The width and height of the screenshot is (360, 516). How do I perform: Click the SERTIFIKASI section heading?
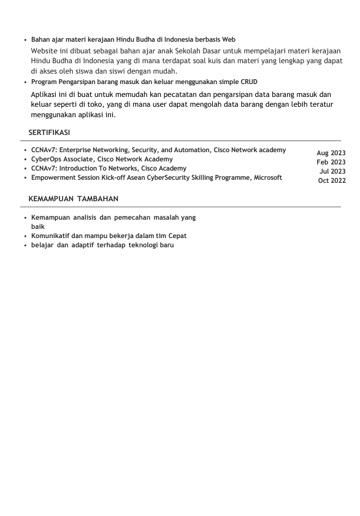coord(49,133)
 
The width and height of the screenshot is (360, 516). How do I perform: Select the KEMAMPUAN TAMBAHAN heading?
coord(74,199)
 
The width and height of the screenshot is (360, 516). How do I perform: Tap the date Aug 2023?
coord(331,153)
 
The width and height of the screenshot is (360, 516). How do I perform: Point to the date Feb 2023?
coord(331,162)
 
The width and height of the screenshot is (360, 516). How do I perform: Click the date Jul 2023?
coord(332,171)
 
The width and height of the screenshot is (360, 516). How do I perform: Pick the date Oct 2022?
coord(332,180)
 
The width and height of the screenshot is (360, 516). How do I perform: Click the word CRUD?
coord(249,82)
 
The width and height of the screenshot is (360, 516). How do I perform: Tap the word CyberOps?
coord(46,159)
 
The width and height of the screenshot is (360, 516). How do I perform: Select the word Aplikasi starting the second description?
coord(45,94)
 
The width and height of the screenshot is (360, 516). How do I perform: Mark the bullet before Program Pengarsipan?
coord(24,82)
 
